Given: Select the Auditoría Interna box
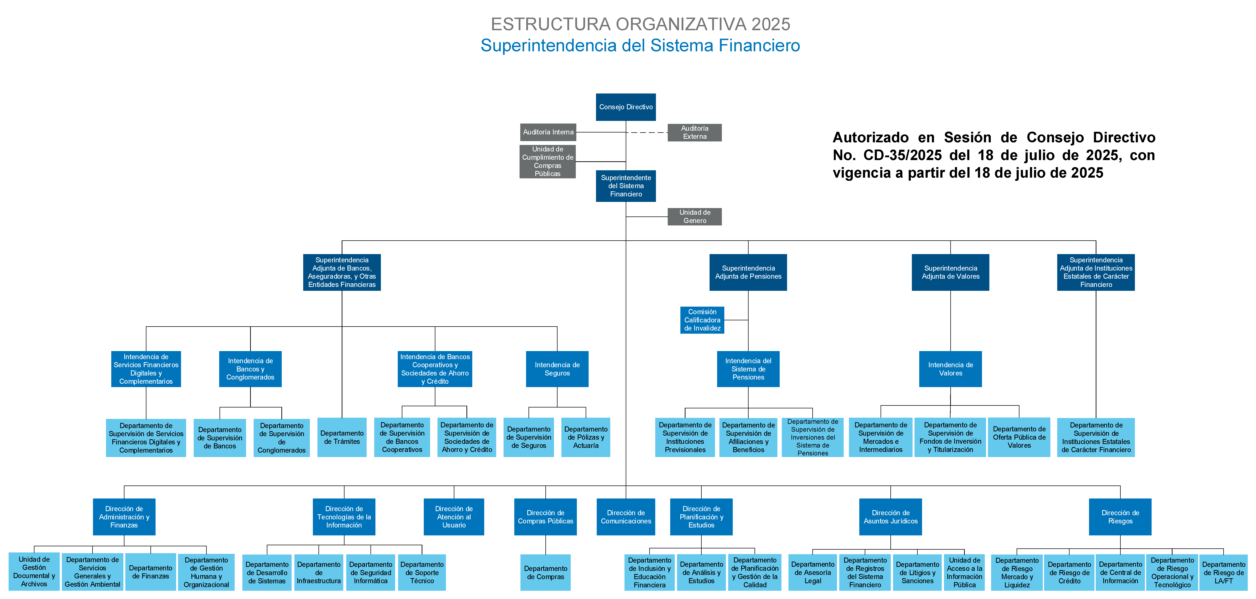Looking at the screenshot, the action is pyautogui.click(x=548, y=132).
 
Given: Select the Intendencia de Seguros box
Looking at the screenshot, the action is pyautogui.click(x=557, y=369).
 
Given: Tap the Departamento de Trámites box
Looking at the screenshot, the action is pyautogui.click(x=342, y=437).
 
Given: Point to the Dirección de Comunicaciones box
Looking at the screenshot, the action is pyautogui.click(x=626, y=517).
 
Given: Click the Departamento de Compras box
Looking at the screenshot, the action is pyautogui.click(x=546, y=572).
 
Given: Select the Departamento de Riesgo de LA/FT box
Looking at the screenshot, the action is pyautogui.click(x=1223, y=572).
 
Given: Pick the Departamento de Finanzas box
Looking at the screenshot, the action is pyautogui.click(x=151, y=572).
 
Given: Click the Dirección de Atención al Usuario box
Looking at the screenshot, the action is pyautogui.click(x=454, y=517).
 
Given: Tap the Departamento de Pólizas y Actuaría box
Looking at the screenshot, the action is pyautogui.click(x=586, y=437).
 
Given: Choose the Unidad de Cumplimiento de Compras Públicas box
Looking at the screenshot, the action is pyautogui.click(x=548, y=161).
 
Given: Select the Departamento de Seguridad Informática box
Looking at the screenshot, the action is pyautogui.click(x=371, y=572).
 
